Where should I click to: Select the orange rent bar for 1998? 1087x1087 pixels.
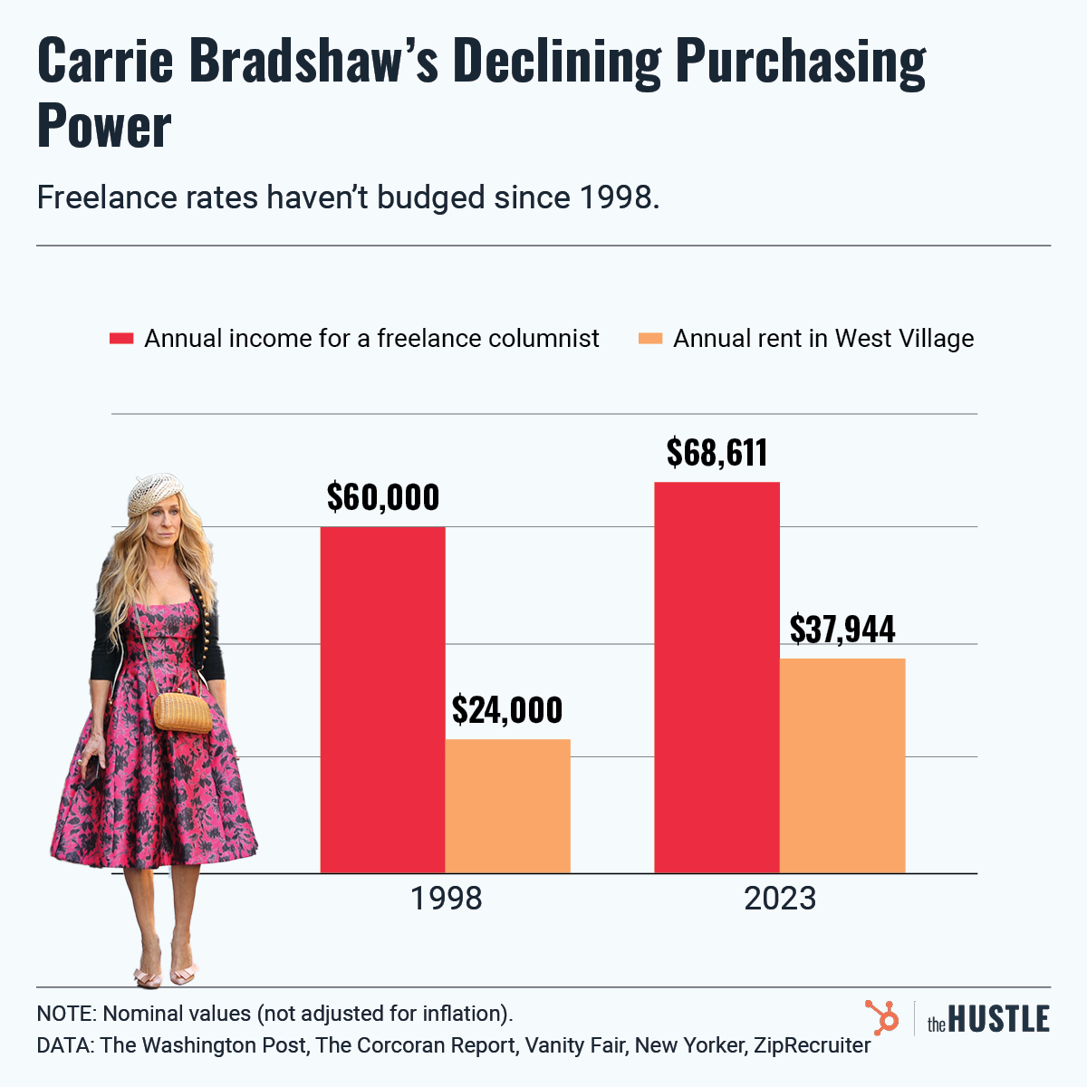click(507, 806)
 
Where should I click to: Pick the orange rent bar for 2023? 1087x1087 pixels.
click(842, 765)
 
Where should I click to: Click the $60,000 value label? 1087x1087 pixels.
click(382, 497)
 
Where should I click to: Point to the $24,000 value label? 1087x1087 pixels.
click(507, 710)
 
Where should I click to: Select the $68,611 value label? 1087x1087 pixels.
click(717, 452)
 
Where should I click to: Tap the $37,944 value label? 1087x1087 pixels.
click(842, 629)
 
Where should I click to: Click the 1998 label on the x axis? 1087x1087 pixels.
click(446, 899)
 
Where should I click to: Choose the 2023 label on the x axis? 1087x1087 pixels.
click(780, 899)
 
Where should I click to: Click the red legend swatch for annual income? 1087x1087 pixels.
click(121, 339)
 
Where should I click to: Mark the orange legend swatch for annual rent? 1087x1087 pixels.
click(650, 339)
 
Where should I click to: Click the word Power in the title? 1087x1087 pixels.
click(103, 127)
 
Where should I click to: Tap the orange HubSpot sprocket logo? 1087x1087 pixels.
click(881, 1017)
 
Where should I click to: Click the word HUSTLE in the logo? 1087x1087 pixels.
click(999, 1019)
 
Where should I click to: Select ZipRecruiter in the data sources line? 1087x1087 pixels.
click(812, 1045)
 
